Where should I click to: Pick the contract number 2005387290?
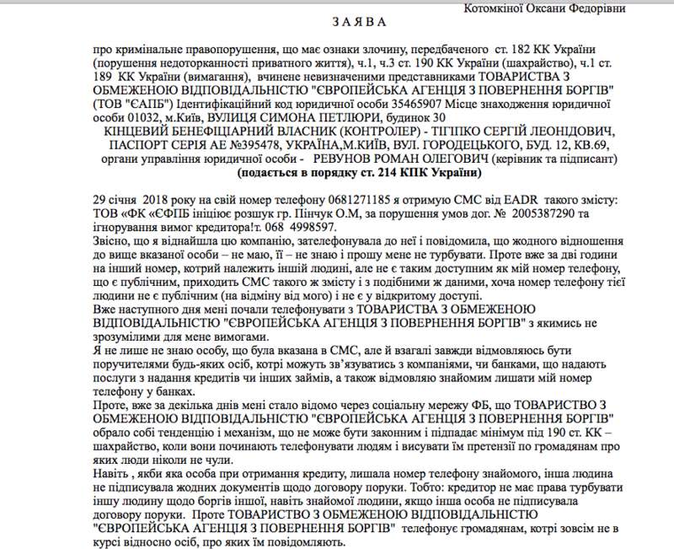pyautogui.click(x=544, y=209)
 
